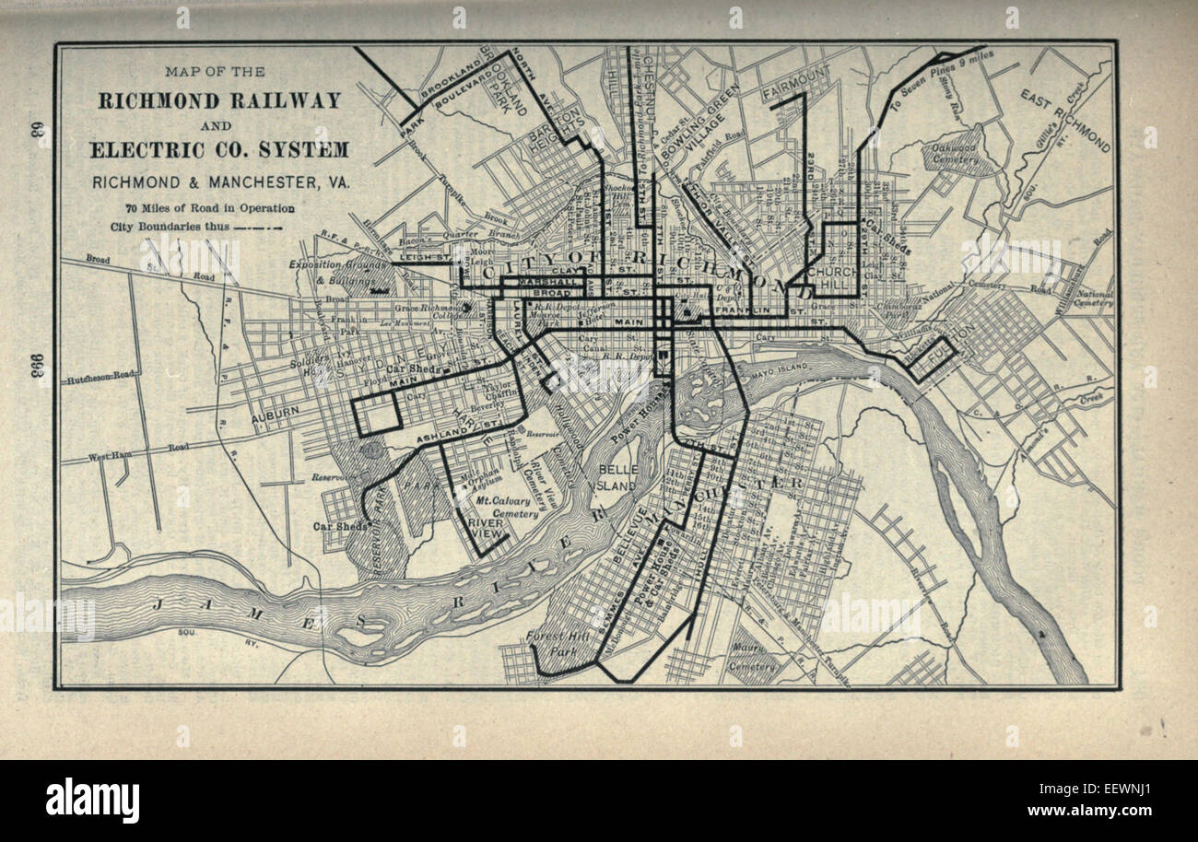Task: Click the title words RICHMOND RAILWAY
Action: click(x=219, y=100)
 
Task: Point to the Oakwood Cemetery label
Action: click(x=956, y=152)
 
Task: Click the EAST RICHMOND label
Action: click(x=1065, y=119)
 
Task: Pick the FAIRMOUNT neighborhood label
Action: click(x=796, y=94)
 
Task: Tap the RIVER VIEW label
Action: click(x=486, y=528)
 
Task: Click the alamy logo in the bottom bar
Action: click(x=92, y=800)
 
